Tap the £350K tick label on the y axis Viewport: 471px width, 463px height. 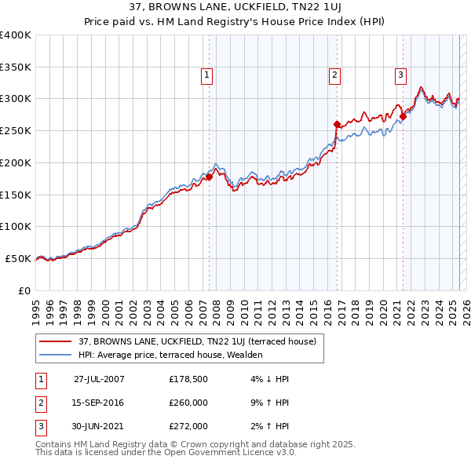pyautogui.click(x=15, y=67)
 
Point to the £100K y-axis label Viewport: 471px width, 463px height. pyautogui.click(x=15, y=227)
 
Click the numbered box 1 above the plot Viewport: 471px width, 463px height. pyautogui.click(x=207, y=75)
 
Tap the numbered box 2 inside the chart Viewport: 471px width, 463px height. pyautogui.click(x=334, y=75)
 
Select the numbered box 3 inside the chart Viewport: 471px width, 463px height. pyautogui.click(x=400, y=75)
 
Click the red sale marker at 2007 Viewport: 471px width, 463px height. pyautogui.click(x=210, y=177)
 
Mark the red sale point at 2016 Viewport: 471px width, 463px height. pyautogui.click(x=337, y=124)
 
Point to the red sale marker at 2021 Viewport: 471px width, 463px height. pyautogui.click(x=403, y=117)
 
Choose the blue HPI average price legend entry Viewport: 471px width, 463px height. pyautogui.click(x=170, y=355)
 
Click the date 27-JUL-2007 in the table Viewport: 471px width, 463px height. pyautogui.click(x=99, y=378)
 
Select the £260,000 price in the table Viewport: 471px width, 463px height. pyautogui.click(x=188, y=403)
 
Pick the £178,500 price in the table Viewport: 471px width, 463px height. pyautogui.click(x=188, y=378)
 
